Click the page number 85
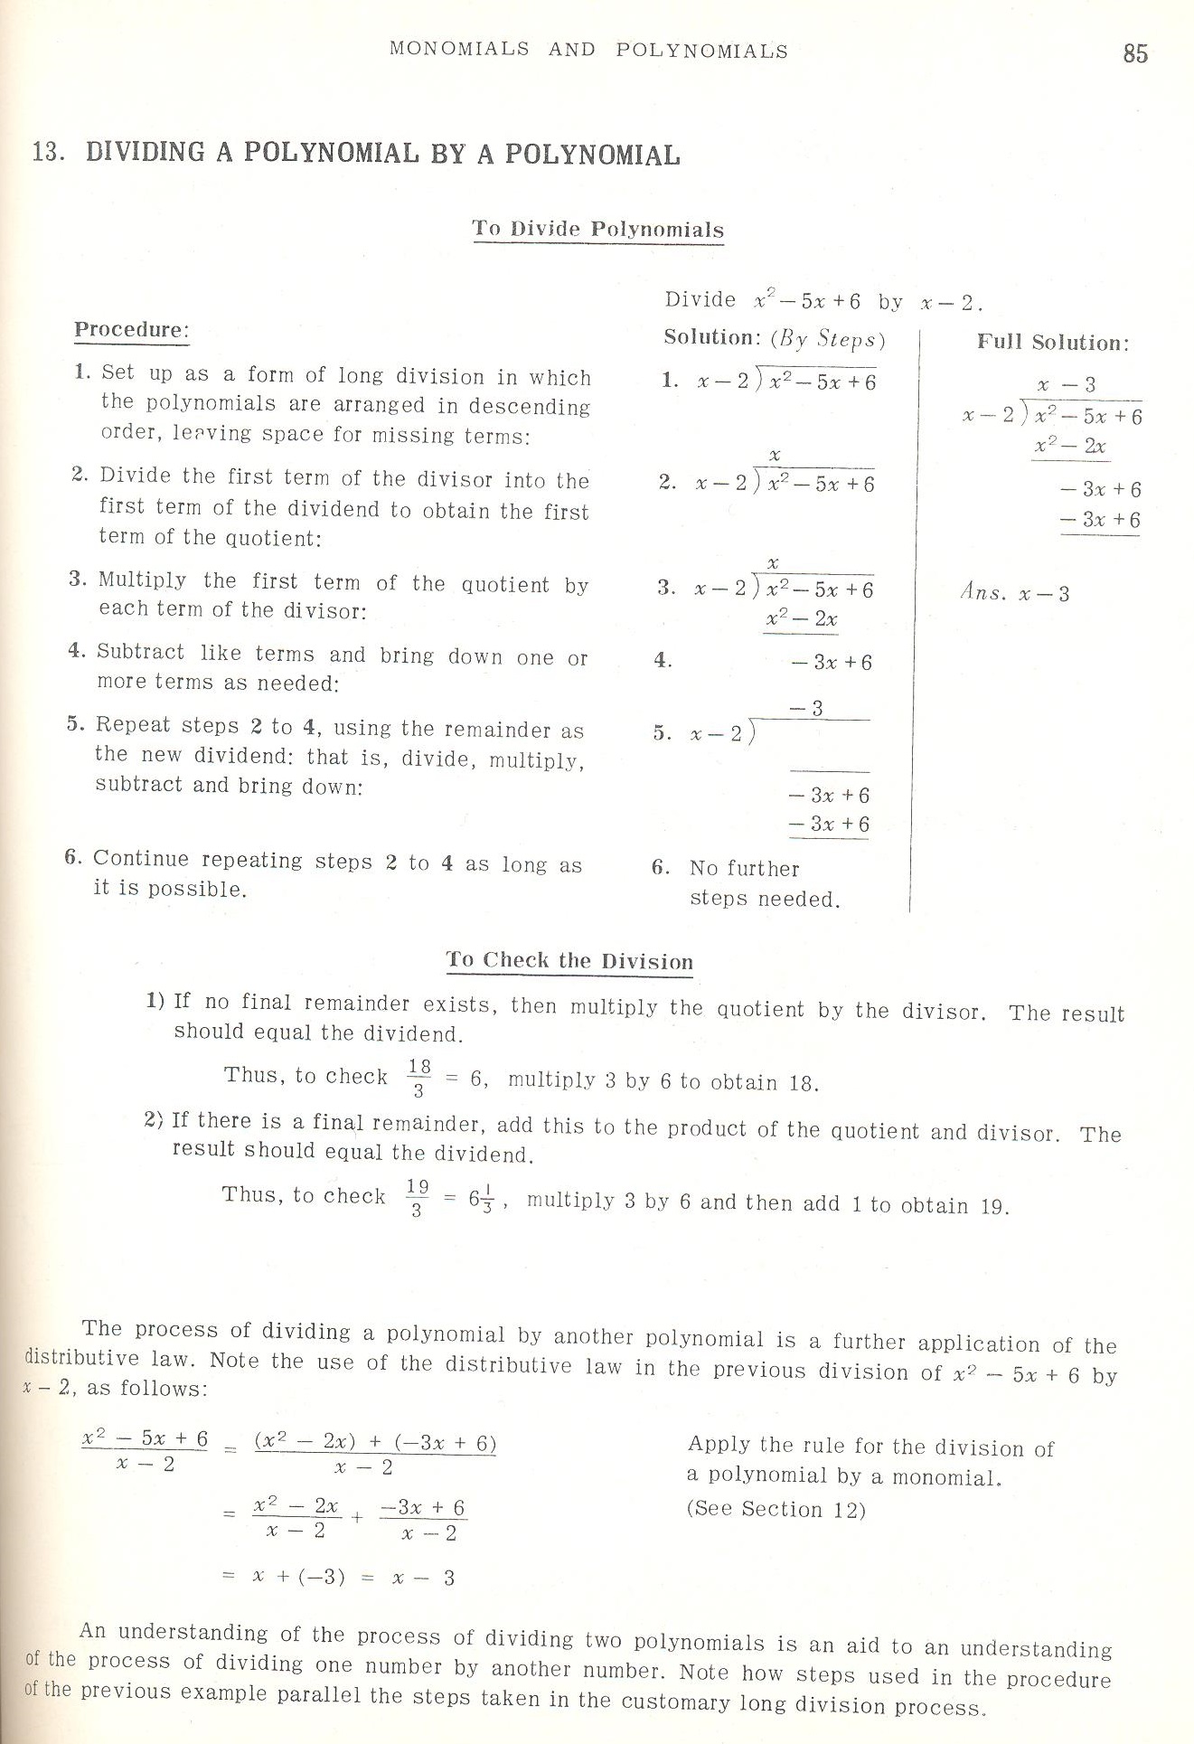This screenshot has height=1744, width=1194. [x=1135, y=53]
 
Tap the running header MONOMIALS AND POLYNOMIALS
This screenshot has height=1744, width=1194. [x=588, y=51]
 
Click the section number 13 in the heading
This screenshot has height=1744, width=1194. [x=46, y=152]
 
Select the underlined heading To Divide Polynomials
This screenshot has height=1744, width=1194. [x=597, y=229]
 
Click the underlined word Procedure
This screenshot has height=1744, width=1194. [x=130, y=330]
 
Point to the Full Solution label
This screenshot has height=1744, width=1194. [x=1053, y=343]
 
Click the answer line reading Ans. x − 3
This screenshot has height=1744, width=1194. [x=1014, y=594]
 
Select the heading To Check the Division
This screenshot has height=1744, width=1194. [x=569, y=960]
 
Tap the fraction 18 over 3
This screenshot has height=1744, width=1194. [x=419, y=1078]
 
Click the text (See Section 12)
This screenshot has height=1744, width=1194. [x=776, y=1510]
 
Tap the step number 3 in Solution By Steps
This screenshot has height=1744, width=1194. [x=667, y=589]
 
